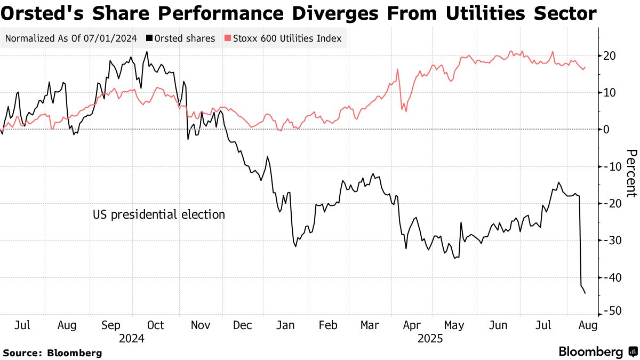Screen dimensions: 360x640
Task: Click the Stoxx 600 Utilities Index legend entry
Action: pyautogui.click(x=283, y=38)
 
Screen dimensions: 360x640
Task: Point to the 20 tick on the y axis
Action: pyautogui.click(x=610, y=55)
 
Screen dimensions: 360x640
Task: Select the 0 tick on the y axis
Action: pyautogui.click(x=607, y=130)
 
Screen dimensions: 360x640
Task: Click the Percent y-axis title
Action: pyautogui.click(x=631, y=173)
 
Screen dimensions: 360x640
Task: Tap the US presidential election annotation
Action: pyautogui.click(x=159, y=214)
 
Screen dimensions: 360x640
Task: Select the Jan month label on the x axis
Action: pyautogui.click(x=286, y=325)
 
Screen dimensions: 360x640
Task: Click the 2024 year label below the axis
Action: pyautogui.click(x=132, y=338)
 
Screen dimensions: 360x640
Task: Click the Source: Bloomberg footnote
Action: pyautogui.click(x=52, y=353)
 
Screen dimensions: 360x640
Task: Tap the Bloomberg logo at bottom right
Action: pyautogui.click(x=597, y=351)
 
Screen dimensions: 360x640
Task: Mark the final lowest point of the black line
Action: pyautogui.click(x=585, y=293)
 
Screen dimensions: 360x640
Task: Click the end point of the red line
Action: pyautogui.click(x=586, y=67)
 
